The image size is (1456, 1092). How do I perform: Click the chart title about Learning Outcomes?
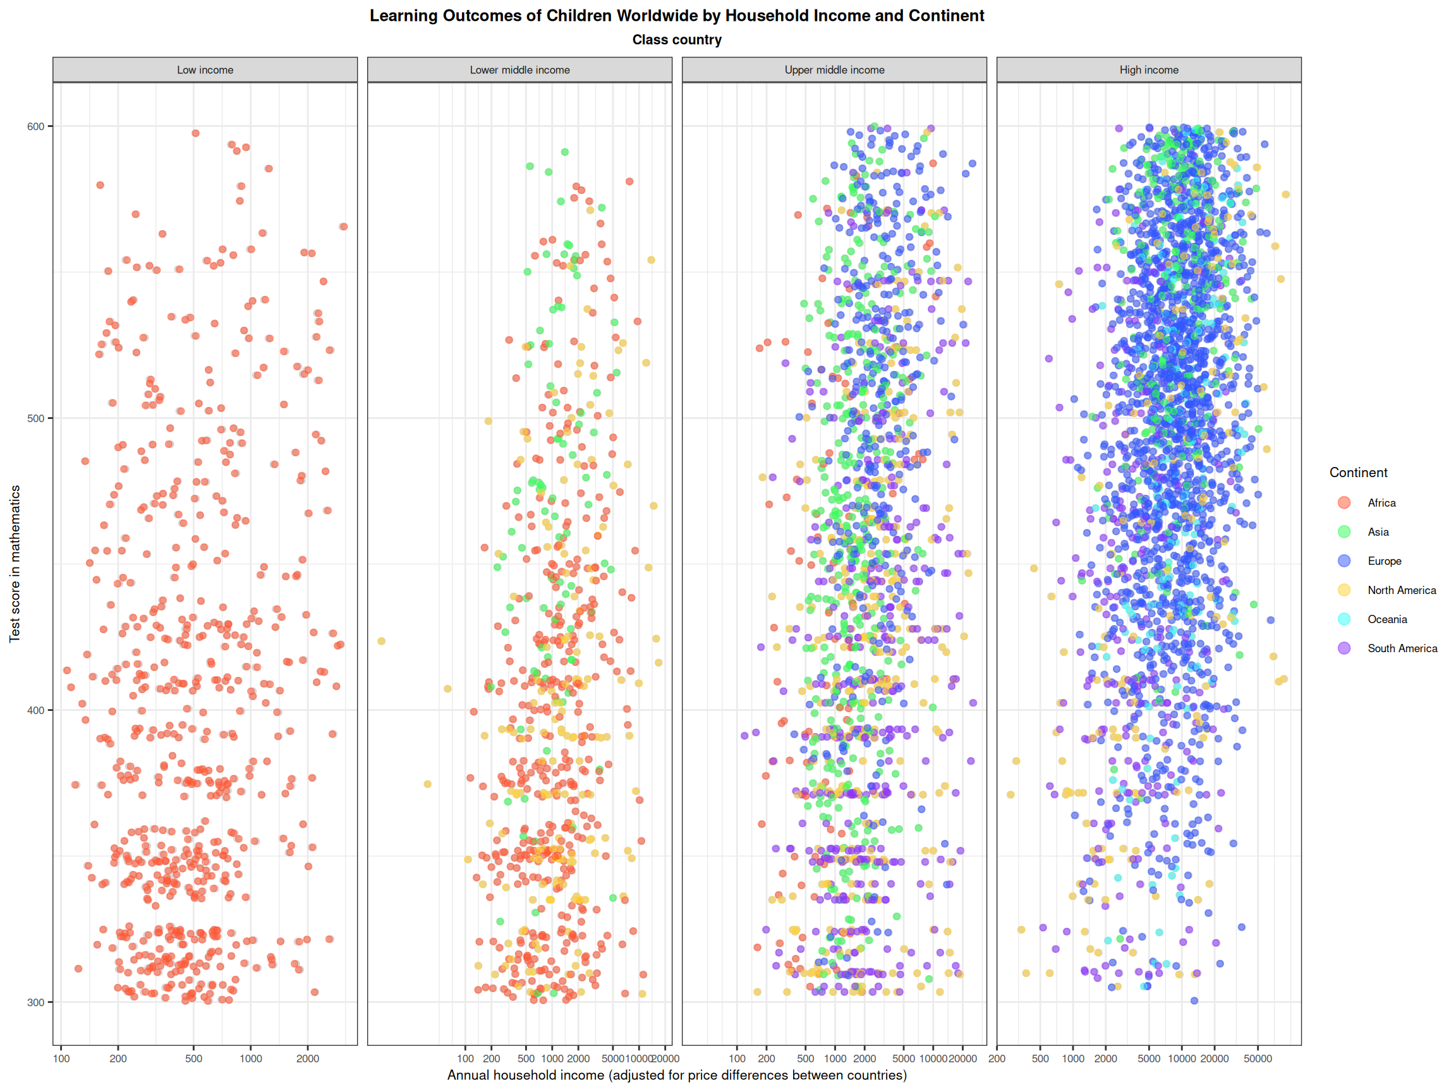click(x=677, y=16)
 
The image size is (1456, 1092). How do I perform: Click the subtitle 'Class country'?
click(x=677, y=40)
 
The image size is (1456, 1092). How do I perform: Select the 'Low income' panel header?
click(x=205, y=70)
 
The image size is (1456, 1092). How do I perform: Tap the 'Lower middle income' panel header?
click(x=519, y=70)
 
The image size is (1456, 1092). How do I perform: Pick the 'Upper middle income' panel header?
click(x=834, y=70)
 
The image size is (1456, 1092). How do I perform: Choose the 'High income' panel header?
click(x=1149, y=70)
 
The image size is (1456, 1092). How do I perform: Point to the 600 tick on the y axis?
click(x=35, y=126)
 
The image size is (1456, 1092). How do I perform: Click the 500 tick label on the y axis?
click(x=35, y=418)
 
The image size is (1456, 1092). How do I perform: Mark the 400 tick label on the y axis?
click(x=35, y=711)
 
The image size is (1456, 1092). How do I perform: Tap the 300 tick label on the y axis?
click(x=35, y=1002)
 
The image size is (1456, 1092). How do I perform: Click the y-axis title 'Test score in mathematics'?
click(x=15, y=564)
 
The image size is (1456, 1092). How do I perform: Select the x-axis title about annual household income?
click(x=677, y=1076)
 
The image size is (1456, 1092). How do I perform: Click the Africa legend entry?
click(x=1381, y=503)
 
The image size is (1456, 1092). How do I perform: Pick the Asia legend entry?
click(x=1378, y=532)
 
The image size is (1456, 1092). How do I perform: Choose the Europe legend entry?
click(x=1384, y=561)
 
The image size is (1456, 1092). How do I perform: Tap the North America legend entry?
click(x=1402, y=590)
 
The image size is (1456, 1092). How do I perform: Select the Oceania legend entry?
click(x=1387, y=619)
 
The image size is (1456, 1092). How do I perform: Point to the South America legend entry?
click(x=1402, y=648)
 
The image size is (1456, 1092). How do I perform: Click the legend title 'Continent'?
click(x=1358, y=473)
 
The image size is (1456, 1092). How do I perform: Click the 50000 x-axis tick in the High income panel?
click(x=1257, y=1059)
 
